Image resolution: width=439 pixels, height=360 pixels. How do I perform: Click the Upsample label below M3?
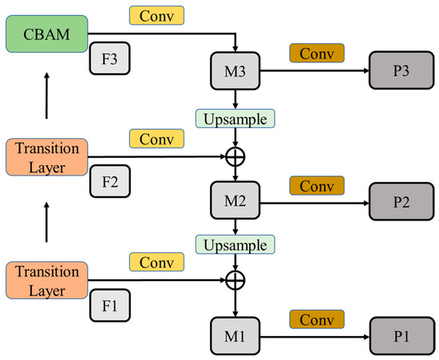click(235, 119)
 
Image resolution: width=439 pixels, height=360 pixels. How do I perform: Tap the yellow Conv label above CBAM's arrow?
click(156, 14)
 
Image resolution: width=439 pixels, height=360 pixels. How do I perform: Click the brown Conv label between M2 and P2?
click(317, 186)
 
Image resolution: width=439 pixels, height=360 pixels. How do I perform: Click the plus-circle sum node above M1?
click(234, 280)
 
